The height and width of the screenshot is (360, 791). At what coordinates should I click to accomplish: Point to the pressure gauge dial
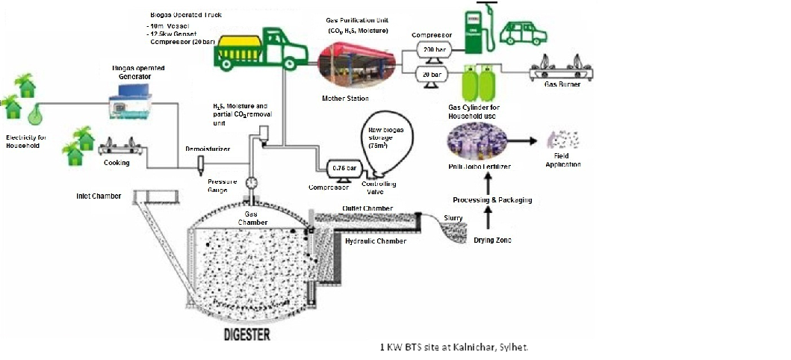pos(249,181)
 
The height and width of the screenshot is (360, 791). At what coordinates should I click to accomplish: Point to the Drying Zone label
pos(494,240)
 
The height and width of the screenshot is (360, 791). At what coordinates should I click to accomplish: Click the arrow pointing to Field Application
pos(527,140)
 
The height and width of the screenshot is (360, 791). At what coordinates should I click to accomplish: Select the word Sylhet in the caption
pos(515,348)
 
